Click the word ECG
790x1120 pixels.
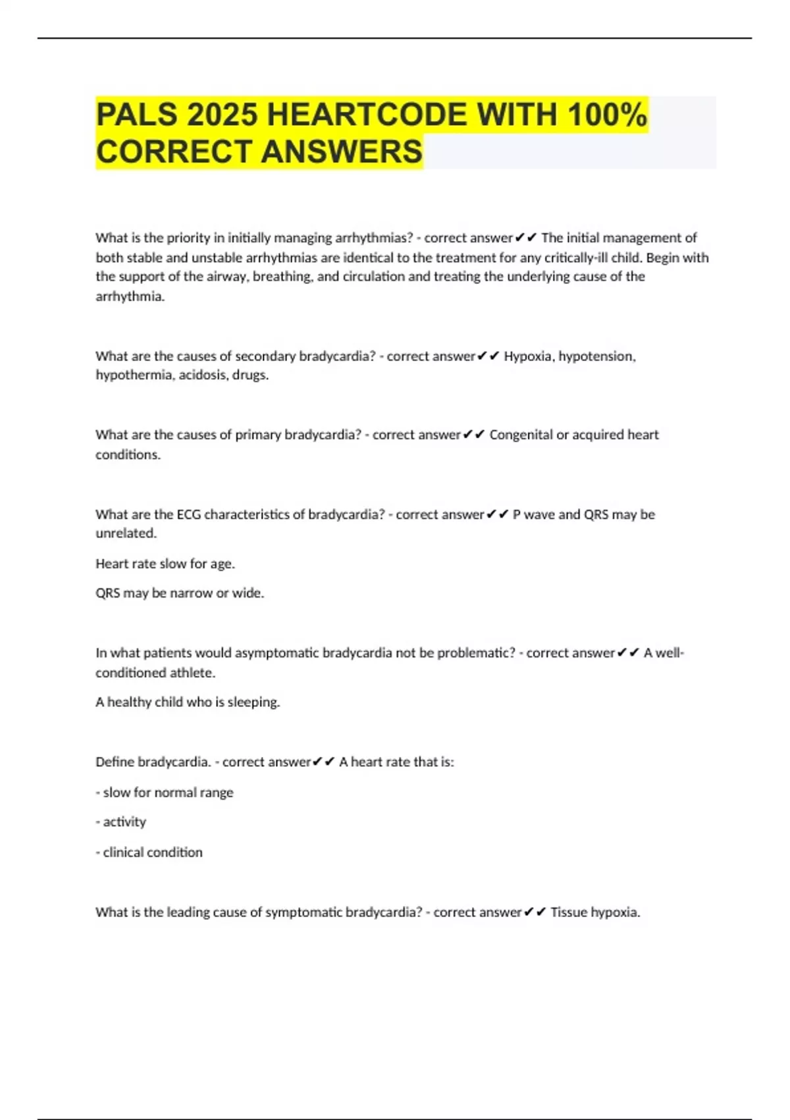[188, 515]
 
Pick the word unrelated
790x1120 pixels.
[125, 534]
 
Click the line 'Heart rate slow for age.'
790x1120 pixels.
[165, 564]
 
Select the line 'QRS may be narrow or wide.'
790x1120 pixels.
[180, 593]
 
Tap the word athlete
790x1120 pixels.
[194, 673]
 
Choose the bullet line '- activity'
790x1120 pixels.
[121, 822]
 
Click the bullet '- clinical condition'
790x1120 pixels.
[149, 853]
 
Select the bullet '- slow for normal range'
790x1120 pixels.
[165, 793]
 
